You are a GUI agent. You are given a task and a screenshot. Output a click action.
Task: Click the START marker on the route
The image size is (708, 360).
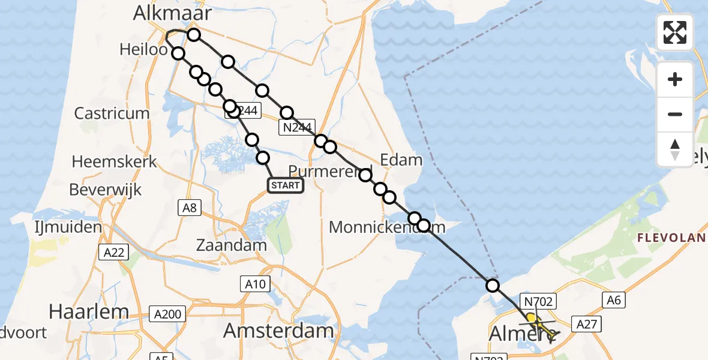286,185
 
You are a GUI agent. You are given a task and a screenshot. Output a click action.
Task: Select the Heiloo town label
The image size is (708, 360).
143,49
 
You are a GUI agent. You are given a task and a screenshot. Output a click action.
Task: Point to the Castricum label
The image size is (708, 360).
112,113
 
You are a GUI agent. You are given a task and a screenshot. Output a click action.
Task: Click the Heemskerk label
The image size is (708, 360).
114,161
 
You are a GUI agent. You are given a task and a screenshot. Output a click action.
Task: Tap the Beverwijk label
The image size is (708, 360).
105,190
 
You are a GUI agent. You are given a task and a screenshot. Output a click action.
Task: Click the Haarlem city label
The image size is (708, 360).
88,311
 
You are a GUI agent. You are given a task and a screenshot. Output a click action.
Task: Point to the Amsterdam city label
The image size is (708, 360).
278,331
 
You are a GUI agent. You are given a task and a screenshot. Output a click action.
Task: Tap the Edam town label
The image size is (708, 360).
401,160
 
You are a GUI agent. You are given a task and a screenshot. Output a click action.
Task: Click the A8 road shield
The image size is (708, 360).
190,208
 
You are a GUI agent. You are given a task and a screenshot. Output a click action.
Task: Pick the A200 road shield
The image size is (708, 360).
167,314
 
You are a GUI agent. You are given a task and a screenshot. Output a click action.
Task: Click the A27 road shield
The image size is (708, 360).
587,324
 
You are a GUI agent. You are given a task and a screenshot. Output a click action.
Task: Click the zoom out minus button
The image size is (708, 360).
675,114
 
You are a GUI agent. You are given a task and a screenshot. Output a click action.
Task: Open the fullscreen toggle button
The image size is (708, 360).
675,32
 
